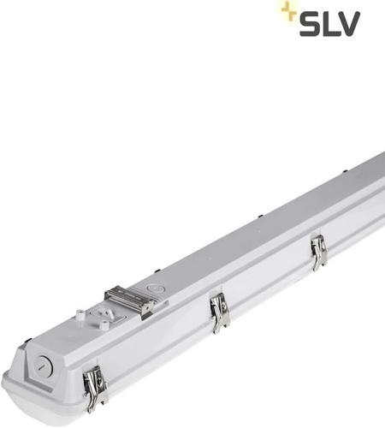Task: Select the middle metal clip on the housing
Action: [x=220, y=312]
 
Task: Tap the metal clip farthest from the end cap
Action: [x=318, y=253]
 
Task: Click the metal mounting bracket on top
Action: [x=130, y=300]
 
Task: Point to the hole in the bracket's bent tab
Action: [x=149, y=307]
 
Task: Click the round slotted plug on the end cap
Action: [x=44, y=366]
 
